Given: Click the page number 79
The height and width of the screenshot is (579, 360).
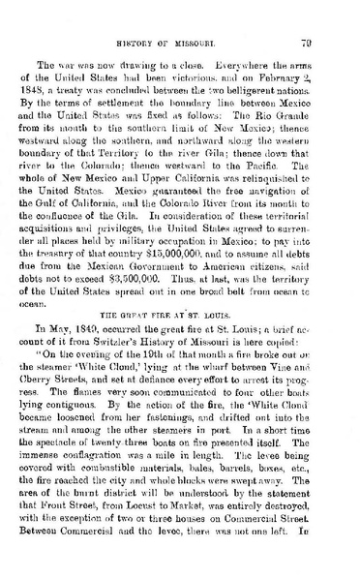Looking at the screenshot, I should [x=330, y=42].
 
